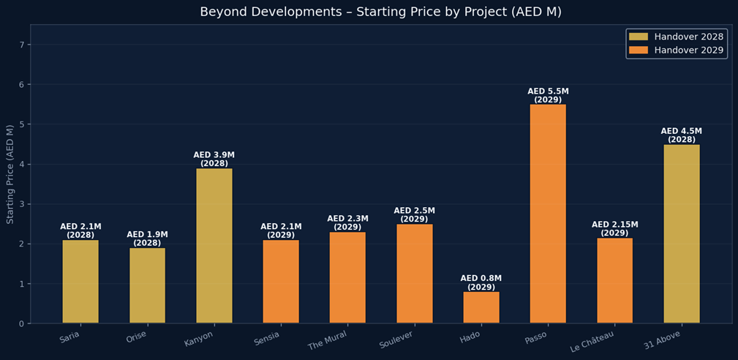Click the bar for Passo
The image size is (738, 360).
[x=548, y=214]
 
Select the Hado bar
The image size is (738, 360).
[x=481, y=307]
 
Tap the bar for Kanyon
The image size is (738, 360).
[x=214, y=246]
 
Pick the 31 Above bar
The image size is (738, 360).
[x=682, y=233]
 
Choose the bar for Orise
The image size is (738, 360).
[x=147, y=285]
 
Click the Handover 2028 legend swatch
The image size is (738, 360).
[x=638, y=37]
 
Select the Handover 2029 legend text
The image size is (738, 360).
[x=688, y=50]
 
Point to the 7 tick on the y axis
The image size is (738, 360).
[x=22, y=45]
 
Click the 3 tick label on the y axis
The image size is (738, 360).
[x=22, y=204]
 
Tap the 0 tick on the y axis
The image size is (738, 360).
[x=22, y=323]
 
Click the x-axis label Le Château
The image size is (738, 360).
[x=592, y=341]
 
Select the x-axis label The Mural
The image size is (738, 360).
[x=328, y=340]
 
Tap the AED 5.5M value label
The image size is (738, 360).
[x=548, y=91]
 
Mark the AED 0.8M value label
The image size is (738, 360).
[x=481, y=279]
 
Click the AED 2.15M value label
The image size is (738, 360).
[x=614, y=225]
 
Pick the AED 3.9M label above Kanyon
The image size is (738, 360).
[x=214, y=155]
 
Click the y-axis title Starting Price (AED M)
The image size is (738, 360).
[x=10, y=174]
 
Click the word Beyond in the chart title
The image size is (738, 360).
[x=221, y=12]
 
